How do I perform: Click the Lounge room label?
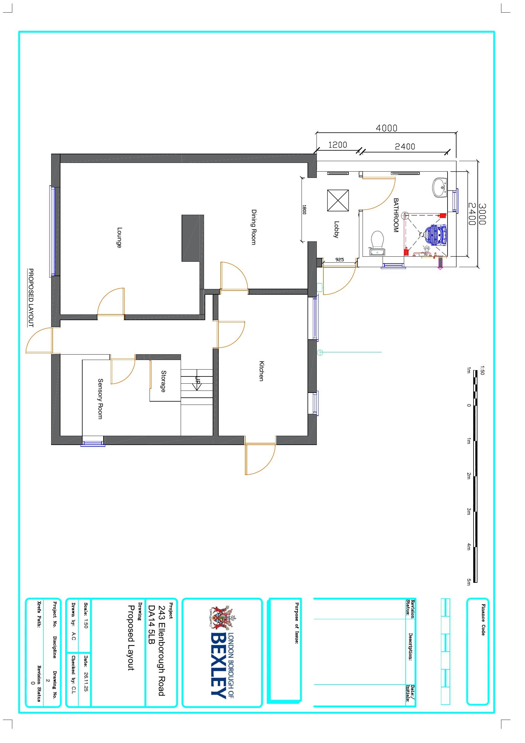click(x=119, y=237)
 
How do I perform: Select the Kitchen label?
click(x=261, y=371)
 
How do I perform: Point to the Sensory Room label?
click(x=101, y=399)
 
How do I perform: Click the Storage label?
click(x=164, y=382)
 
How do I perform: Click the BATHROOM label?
click(x=396, y=215)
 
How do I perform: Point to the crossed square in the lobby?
click(x=338, y=200)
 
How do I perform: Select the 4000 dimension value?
click(x=386, y=128)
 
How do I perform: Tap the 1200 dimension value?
click(x=338, y=145)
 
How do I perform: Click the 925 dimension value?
click(x=340, y=260)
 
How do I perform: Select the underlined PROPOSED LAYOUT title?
click(x=31, y=298)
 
